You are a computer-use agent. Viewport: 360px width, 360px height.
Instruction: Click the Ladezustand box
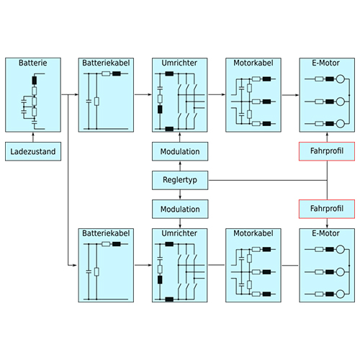33,151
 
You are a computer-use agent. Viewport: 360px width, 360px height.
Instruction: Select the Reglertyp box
180,180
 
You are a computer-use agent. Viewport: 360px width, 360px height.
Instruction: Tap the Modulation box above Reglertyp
180,151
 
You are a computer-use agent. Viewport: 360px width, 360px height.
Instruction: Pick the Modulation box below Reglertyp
180,209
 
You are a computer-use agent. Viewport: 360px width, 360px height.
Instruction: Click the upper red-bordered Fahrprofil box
327,151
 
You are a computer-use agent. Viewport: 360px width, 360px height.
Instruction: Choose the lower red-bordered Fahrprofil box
327,209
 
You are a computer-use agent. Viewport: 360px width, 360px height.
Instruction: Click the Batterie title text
33,63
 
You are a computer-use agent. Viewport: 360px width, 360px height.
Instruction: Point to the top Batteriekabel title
106,63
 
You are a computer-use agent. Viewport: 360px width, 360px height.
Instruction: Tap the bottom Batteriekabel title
106,233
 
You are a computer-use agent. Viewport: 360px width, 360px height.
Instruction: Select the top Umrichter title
179,63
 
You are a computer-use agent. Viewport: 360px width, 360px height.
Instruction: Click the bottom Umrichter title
179,233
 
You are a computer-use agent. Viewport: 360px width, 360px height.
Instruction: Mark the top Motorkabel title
253,63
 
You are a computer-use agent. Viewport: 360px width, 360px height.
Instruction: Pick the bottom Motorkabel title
253,233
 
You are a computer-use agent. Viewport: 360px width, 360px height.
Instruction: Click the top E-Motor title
325,63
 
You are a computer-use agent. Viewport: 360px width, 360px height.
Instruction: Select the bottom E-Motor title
325,233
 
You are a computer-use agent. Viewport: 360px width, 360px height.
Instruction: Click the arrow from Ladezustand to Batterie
33,137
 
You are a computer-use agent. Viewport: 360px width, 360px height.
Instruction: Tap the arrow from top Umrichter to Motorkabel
217,94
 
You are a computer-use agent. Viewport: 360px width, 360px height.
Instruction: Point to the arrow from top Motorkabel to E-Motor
290,95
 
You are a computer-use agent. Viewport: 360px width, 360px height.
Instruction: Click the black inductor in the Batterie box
35,81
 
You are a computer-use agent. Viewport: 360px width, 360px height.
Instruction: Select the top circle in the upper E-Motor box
341,78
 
